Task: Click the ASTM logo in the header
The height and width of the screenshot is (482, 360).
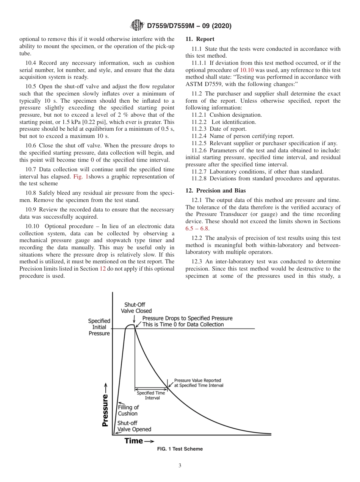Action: [136, 26]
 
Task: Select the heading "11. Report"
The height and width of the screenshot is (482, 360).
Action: [200, 39]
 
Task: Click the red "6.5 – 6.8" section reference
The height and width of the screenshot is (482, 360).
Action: [197, 228]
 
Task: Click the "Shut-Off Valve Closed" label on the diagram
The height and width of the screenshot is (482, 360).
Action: [135, 308]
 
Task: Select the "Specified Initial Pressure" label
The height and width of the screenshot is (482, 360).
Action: [99, 327]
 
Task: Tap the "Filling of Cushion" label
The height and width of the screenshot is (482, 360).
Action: [128, 410]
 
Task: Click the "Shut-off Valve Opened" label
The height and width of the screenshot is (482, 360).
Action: [134, 426]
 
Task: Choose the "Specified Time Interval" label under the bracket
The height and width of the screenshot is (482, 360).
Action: [151, 395]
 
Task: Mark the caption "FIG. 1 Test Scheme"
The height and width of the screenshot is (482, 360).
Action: [180, 449]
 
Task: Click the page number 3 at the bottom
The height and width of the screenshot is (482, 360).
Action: [180, 466]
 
